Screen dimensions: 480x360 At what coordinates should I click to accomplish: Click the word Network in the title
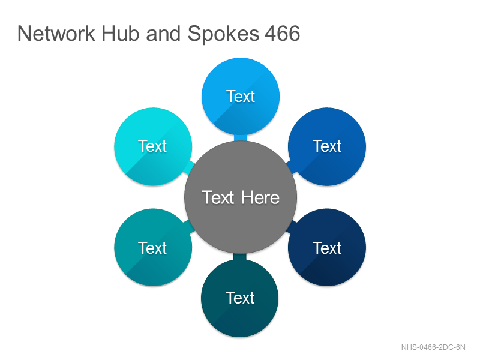pyautogui.click(x=56, y=33)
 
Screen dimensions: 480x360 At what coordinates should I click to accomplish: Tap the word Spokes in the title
pyautogui.click(x=223, y=34)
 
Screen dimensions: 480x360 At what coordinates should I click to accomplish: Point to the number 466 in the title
pyautogui.click(x=282, y=34)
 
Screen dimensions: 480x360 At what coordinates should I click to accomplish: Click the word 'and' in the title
pyautogui.click(x=163, y=33)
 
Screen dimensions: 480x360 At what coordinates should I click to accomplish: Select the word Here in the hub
pyautogui.click(x=260, y=197)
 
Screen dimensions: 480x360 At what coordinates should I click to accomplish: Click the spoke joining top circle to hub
pyautogui.click(x=241, y=138)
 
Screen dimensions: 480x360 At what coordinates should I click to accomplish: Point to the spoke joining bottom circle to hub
pyautogui.click(x=240, y=257)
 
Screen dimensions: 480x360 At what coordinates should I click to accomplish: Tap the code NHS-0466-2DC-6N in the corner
pyautogui.click(x=433, y=347)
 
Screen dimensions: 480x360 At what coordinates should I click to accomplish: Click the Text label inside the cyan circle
pyautogui.click(x=152, y=146)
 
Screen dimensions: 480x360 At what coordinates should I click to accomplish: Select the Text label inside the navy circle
pyautogui.click(x=327, y=248)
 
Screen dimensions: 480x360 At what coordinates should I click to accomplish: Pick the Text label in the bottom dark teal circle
pyautogui.click(x=240, y=298)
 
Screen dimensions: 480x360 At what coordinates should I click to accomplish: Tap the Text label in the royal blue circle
pyautogui.click(x=327, y=146)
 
